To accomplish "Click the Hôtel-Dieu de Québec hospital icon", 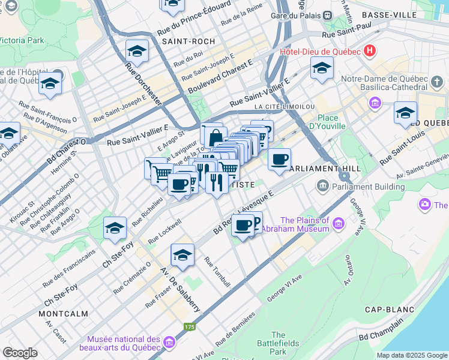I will coord(370,51).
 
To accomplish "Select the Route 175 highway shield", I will coord(190,327).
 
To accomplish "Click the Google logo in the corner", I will coord(20,353).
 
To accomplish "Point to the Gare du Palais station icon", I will coord(327,16).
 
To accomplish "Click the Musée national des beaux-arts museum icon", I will coord(169,343).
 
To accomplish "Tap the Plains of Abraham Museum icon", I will coord(339,224).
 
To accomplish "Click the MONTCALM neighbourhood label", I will coord(62,314).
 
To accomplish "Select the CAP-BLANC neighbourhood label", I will coord(390,310).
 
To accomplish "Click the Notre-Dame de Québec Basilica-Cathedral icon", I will coord(376,103).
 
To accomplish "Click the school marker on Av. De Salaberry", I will coord(182,256).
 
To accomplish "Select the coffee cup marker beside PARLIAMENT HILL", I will coord(279,160).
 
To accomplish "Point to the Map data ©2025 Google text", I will coord(412,355).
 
